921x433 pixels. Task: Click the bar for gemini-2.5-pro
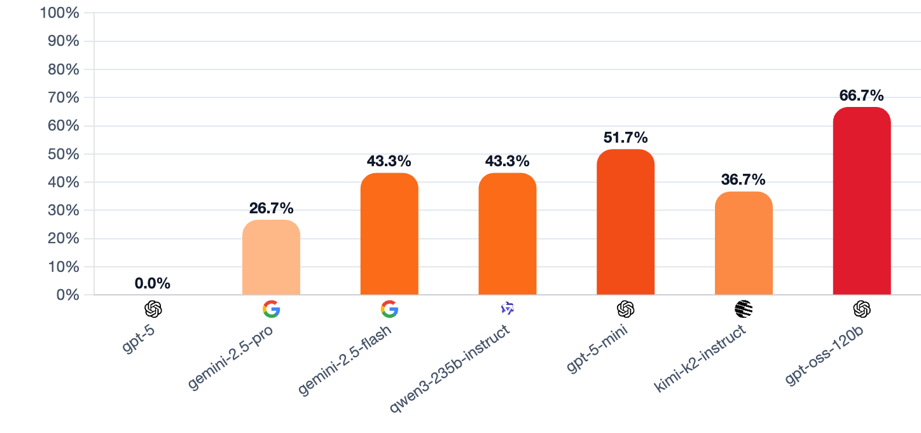[271, 257]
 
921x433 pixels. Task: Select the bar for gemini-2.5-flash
[389, 234]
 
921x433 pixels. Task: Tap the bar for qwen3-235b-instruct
[508, 234]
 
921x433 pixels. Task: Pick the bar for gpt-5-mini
[626, 222]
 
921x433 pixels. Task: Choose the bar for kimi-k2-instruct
[744, 243]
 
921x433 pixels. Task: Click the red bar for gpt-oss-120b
[862, 201]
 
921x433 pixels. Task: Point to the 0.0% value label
[153, 284]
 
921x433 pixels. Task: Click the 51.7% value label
[626, 138]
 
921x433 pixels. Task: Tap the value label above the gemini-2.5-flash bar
[389, 161]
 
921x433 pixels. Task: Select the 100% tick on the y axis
[60, 13]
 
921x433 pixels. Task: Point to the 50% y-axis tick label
[63, 154]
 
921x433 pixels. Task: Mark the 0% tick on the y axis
[67, 295]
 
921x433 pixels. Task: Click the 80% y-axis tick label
[63, 69]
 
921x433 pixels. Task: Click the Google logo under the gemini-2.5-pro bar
[271, 309]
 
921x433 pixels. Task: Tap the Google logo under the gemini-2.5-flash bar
[389, 309]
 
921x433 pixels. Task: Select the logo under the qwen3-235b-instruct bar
[508, 309]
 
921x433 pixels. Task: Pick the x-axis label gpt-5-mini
[597, 350]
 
